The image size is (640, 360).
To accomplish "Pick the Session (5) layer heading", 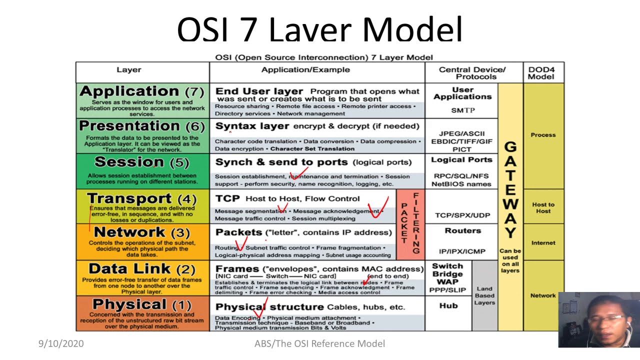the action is point(141,162).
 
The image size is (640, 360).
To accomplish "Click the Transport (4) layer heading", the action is point(141,198).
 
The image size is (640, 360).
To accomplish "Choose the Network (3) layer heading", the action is point(141,232).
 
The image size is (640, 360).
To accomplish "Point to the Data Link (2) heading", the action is point(141,269).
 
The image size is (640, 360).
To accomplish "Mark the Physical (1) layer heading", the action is point(141,304).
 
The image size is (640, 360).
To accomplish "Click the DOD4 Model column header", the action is point(541,73).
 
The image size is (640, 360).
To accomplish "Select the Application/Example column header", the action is point(305,70).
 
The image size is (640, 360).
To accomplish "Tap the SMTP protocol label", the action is point(463,110).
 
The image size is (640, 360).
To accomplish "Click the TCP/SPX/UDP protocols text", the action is point(462,215).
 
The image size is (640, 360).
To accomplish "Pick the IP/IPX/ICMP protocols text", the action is point(462,251).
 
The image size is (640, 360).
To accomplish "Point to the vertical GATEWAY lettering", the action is point(510,190).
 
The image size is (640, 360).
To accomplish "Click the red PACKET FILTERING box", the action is point(410,222).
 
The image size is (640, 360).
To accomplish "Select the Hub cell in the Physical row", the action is point(448,305).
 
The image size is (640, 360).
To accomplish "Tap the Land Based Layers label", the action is point(484,295).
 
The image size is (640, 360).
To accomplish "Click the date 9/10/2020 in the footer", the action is point(61,343).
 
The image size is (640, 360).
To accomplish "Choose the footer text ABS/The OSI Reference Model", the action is point(319,343).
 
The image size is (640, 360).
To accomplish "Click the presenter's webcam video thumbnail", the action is point(599,320).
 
